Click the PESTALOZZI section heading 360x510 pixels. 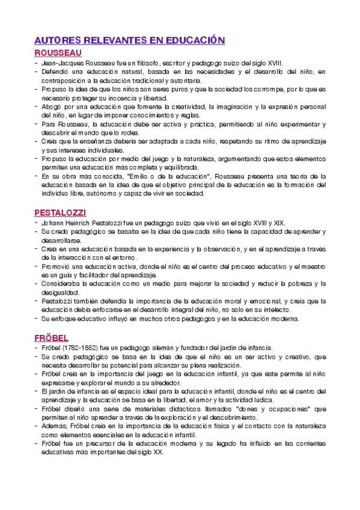click(x=60, y=213)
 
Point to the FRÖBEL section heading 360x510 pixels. click(x=51, y=337)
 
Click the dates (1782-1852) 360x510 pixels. click(x=83, y=348)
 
